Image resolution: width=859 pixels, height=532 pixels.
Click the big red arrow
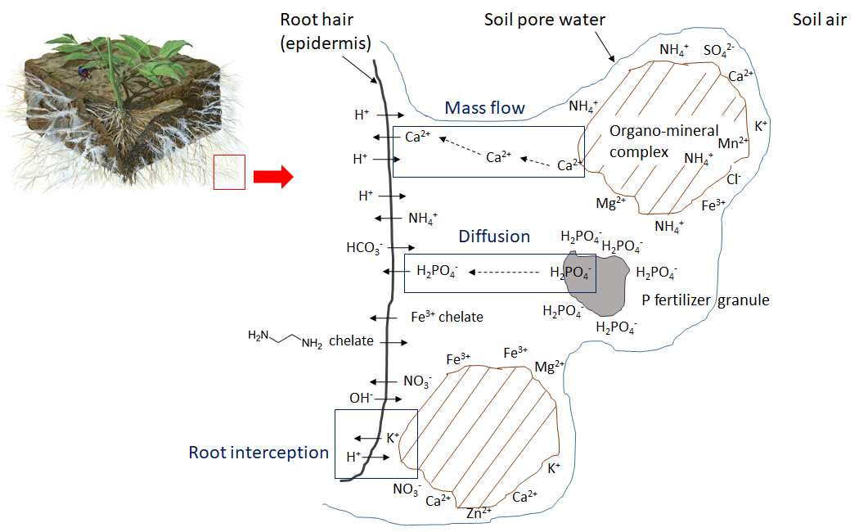pos(273,177)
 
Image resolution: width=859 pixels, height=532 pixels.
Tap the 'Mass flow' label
pos(485,108)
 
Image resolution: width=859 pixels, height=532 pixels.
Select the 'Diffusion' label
pos(494,237)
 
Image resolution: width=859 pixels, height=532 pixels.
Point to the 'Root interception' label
pos(259,453)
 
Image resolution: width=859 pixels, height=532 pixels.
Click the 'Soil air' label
pos(820,20)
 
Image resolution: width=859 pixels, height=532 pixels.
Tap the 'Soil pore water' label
pos(545,20)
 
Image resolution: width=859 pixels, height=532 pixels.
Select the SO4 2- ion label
pos(719,51)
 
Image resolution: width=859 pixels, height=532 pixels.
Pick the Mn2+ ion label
pos(733,143)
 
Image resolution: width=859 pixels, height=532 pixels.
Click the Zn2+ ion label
pos(479,513)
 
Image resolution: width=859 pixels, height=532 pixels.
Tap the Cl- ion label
pos(734,179)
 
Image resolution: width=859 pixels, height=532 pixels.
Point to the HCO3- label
pos(364,248)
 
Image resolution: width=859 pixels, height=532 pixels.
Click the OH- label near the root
pos(361,398)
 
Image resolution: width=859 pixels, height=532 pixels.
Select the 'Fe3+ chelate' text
pos(447,317)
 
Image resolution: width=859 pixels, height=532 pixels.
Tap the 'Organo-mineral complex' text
pos(664,142)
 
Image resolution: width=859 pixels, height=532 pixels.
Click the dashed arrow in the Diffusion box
pos(504,273)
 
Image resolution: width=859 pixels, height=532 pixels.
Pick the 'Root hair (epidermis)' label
pos(326,31)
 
